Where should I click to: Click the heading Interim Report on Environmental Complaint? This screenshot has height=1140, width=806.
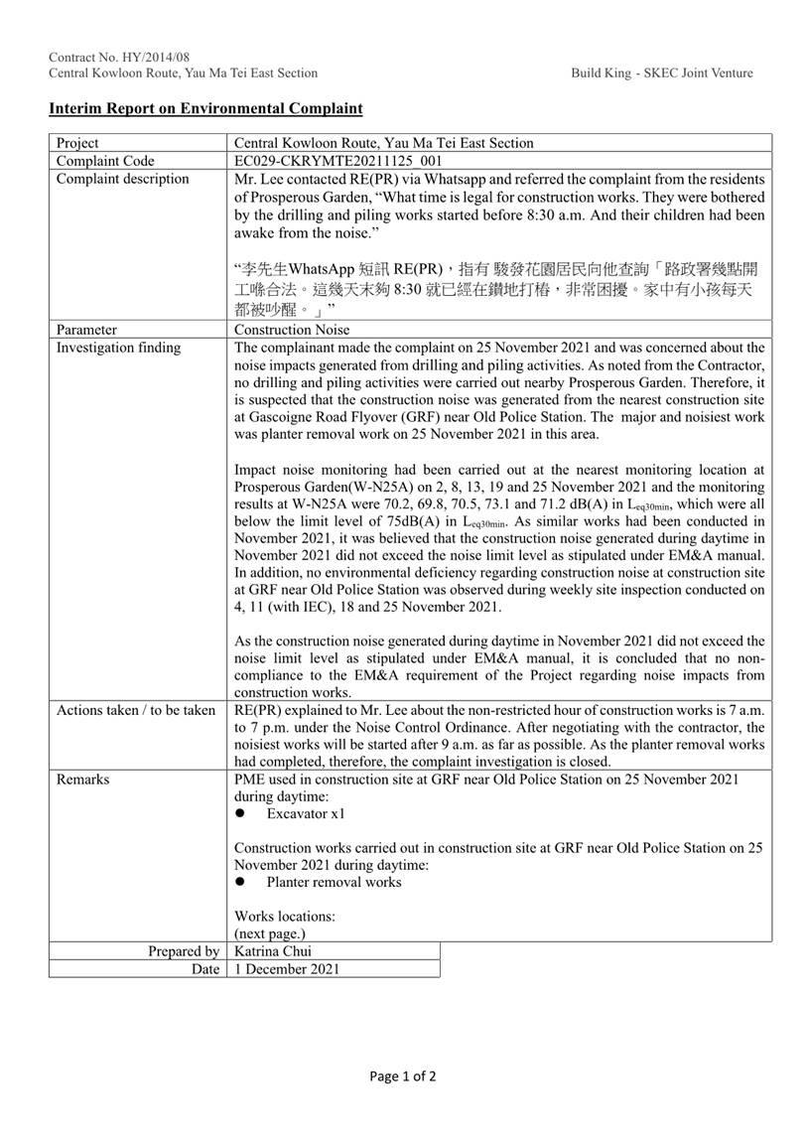[x=205, y=108]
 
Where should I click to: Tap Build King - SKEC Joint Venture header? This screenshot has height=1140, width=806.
[x=662, y=72]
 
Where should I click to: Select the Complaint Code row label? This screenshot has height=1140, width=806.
[x=105, y=161]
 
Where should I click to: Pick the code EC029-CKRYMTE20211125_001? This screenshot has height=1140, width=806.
[x=337, y=161]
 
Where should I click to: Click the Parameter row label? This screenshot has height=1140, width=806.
[x=86, y=330]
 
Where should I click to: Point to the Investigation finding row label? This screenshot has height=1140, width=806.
[x=118, y=348]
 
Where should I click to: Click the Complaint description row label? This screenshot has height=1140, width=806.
[x=122, y=179]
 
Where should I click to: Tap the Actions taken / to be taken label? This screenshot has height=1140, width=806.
[x=135, y=710]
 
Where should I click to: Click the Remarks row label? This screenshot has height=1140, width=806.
[x=82, y=780]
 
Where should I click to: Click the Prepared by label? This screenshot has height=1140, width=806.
[x=184, y=951]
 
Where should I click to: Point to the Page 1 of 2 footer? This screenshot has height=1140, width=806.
[x=402, y=1075]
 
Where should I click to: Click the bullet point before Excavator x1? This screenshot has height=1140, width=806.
[x=240, y=814]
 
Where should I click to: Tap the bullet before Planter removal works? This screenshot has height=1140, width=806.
[x=240, y=883]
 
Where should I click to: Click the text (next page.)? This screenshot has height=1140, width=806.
[x=269, y=934]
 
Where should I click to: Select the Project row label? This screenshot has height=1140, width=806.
[x=78, y=143]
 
